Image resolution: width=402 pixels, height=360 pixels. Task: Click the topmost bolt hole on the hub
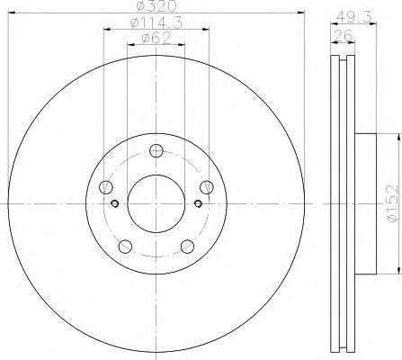pyautogui.click(x=156, y=150)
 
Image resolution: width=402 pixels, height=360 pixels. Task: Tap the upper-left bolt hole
pyautogui.click(x=107, y=187)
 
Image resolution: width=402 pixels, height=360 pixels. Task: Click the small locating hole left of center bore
pyautogui.click(x=113, y=202)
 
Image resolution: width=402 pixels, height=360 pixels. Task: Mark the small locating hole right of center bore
pyautogui.click(x=199, y=202)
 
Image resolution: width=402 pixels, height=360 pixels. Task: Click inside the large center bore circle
pyautogui.click(x=156, y=202)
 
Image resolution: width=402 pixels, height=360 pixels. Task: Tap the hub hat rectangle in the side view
pyautogui.click(x=363, y=202)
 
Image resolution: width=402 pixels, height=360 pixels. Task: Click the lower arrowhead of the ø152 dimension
pyautogui.click(x=394, y=267)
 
